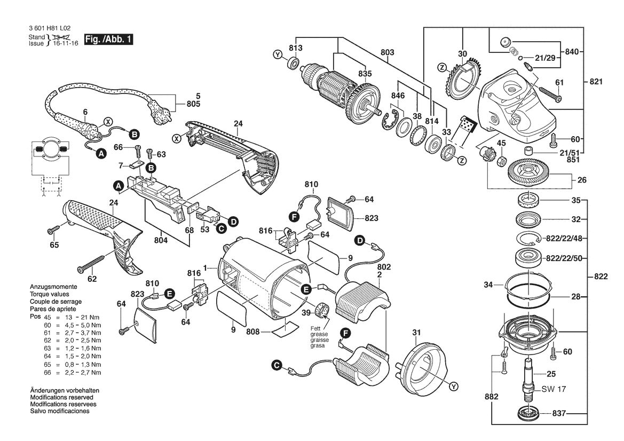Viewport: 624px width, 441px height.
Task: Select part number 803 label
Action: point(388,52)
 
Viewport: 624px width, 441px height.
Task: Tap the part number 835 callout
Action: point(365,74)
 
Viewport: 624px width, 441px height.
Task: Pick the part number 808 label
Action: point(253,332)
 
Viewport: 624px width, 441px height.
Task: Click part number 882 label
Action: point(492,397)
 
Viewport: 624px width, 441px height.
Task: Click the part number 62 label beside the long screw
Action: point(93,278)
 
